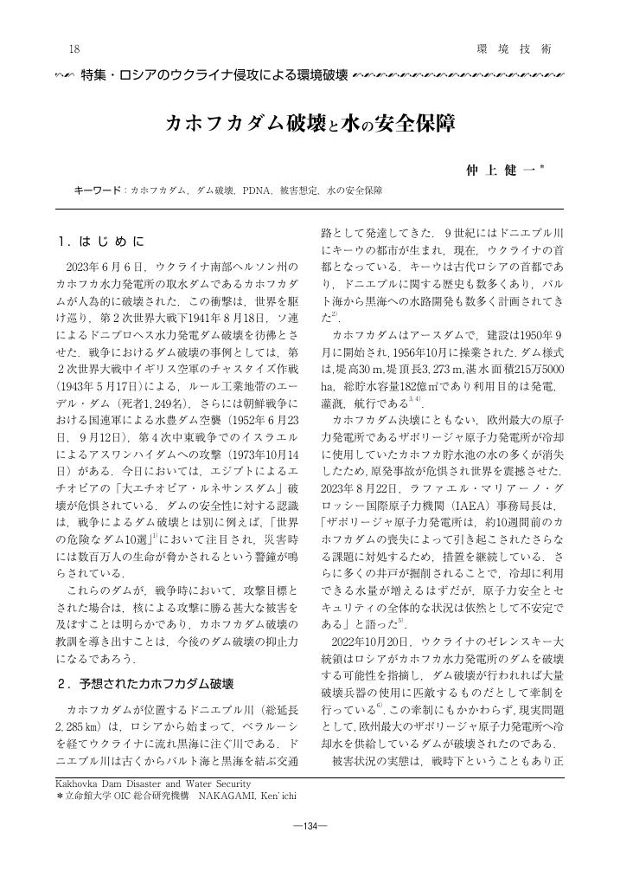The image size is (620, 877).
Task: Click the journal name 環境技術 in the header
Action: [x=513, y=49]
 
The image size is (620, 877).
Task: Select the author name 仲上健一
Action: [x=501, y=170]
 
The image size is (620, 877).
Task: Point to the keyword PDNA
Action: [x=259, y=189]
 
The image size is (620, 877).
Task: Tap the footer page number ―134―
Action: [x=310, y=825]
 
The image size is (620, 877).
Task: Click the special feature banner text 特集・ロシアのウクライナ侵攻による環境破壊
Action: [x=213, y=75]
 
